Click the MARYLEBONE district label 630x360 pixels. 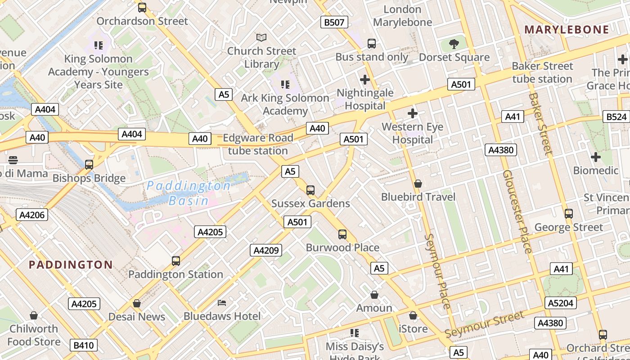[x=567, y=30]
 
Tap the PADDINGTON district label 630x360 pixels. [x=71, y=264]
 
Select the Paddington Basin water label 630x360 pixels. [x=189, y=193]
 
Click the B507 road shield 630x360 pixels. [x=334, y=22]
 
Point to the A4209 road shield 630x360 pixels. [x=266, y=250]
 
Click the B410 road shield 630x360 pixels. [x=84, y=345]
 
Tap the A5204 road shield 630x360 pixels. [x=560, y=303]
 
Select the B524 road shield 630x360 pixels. [x=616, y=117]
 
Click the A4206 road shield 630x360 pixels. [x=32, y=215]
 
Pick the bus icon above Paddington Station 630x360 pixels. [x=175, y=261]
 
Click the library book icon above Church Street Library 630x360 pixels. [x=261, y=37]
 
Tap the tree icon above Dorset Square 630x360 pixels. [x=454, y=44]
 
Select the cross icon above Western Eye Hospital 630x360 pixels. [x=412, y=113]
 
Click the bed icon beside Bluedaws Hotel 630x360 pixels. [x=222, y=302]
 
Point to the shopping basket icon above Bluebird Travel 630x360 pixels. [x=418, y=184]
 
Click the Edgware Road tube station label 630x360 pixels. [x=258, y=144]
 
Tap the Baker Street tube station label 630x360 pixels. [x=542, y=72]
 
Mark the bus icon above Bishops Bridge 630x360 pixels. [x=89, y=165]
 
